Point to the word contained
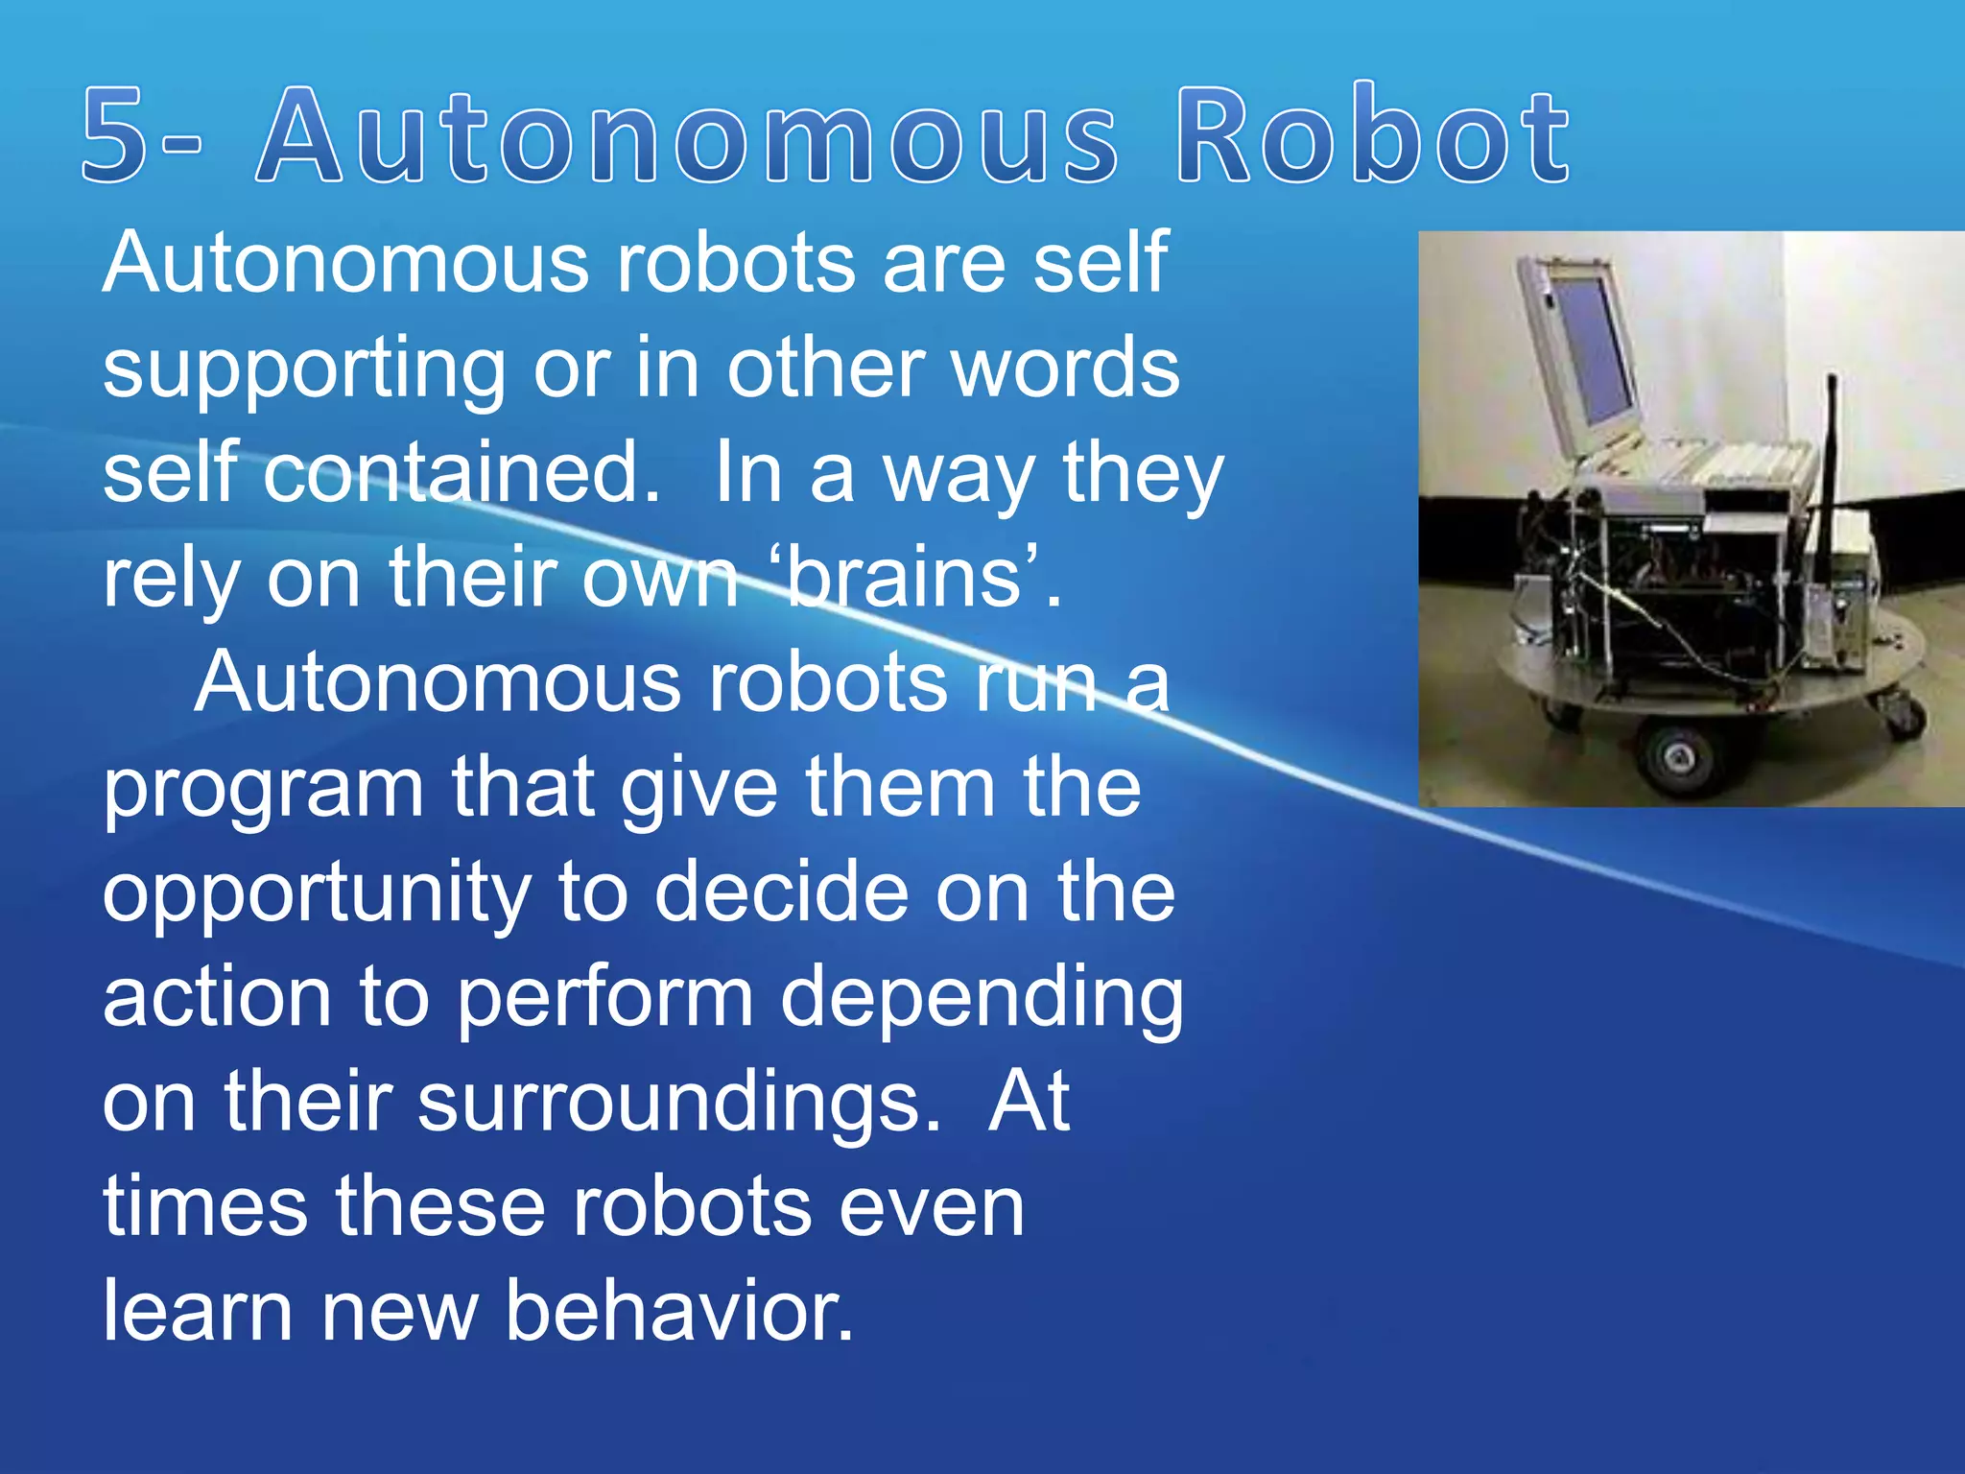click(x=462, y=473)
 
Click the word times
click(x=205, y=1206)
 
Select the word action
click(x=218, y=998)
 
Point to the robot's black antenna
click(x=1830, y=451)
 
